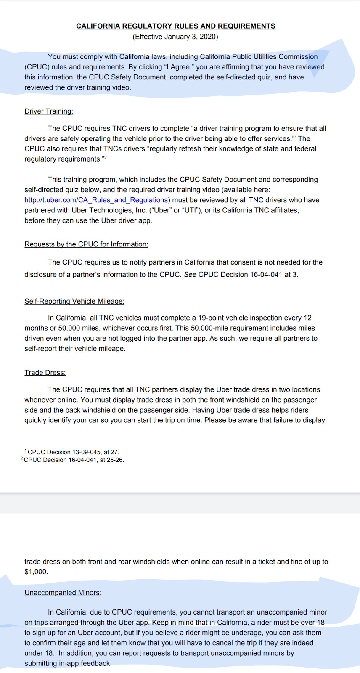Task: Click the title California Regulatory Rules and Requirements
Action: [176, 26]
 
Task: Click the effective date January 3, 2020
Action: [175, 37]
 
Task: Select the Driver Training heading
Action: [49, 111]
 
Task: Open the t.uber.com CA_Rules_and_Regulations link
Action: [96, 200]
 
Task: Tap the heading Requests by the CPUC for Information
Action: [86, 244]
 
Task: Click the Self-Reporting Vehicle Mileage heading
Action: [74, 301]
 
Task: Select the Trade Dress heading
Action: [45, 373]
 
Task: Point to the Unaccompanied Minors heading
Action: [63, 593]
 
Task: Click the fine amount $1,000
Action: [36, 572]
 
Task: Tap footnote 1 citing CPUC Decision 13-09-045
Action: [72, 452]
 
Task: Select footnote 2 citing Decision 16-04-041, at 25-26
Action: [73, 460]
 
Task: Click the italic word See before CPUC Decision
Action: [190, 275]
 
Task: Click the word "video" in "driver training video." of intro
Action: [122, 87]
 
